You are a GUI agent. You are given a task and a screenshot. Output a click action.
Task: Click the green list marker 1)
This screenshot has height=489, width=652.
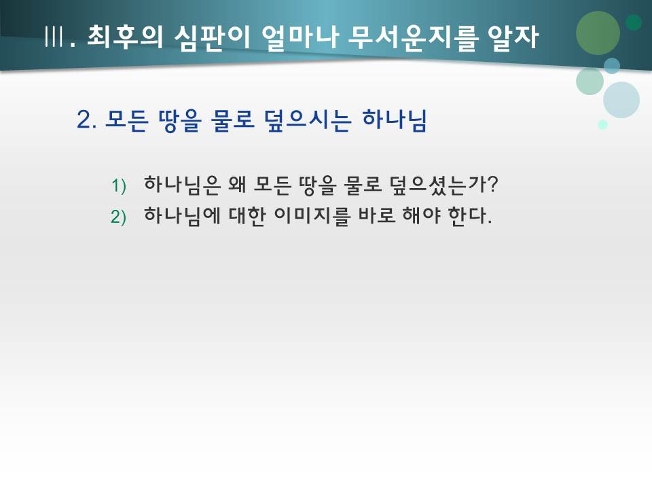pyautogui.click(x=120, y=185)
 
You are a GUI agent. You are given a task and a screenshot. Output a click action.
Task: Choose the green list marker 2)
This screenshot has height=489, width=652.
pyautogui.click(x=120, y=217)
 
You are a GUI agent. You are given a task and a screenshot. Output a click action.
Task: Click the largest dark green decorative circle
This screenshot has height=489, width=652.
pyautogui.click(x=598, y=33)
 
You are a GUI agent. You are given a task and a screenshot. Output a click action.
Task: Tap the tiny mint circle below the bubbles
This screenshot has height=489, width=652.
pyautogui.click(x=602, y=124)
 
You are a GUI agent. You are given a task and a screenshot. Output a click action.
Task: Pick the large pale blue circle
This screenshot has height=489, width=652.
pyautogui.click(x=621, y=100)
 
